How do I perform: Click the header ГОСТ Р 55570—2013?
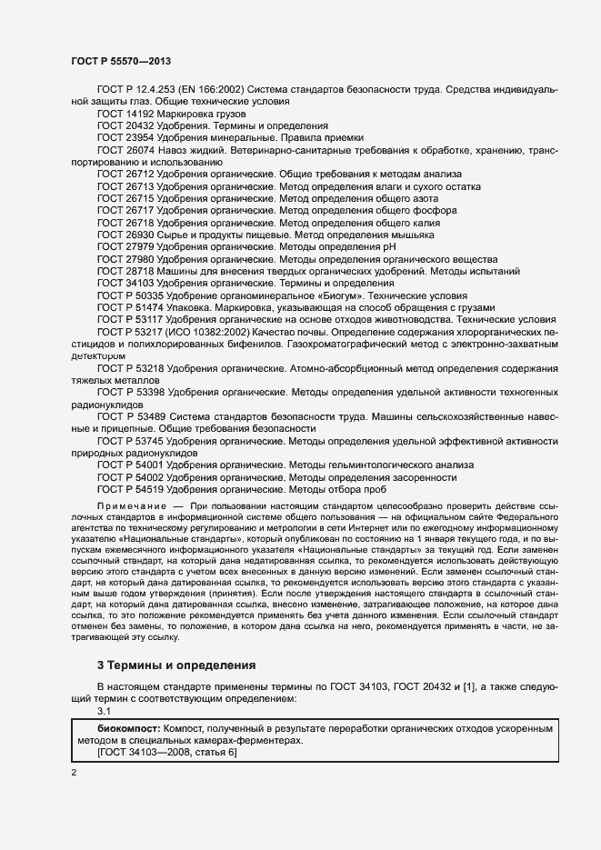(x=121, y=60)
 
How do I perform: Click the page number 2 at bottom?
(x=74, y=773)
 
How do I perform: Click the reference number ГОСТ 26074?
(x=125, y=149)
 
